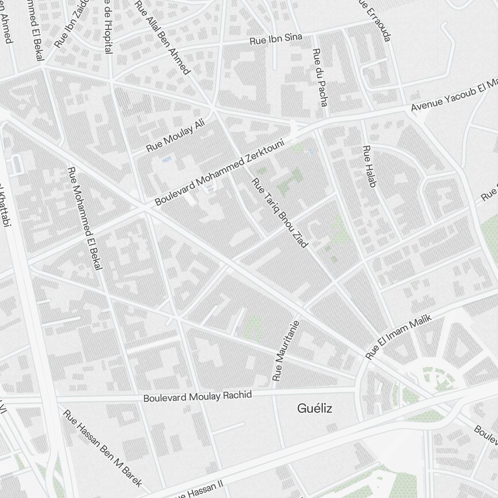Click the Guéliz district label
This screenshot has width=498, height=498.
(x=314, y=409)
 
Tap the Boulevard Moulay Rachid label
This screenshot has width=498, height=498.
(x=198, y=396)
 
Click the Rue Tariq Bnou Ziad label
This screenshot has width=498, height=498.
(x=280, y=212)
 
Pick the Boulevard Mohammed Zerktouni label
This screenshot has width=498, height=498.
(x=219, y=173)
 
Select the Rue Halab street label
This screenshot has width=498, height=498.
(x=369, y=166)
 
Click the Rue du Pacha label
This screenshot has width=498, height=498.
(x=320, y=77)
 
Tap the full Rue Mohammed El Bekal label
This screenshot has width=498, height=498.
(x=85, y=219)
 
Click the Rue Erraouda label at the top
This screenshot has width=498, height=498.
(x=375, y=20)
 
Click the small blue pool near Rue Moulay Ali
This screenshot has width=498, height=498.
(x=166, y=159)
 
